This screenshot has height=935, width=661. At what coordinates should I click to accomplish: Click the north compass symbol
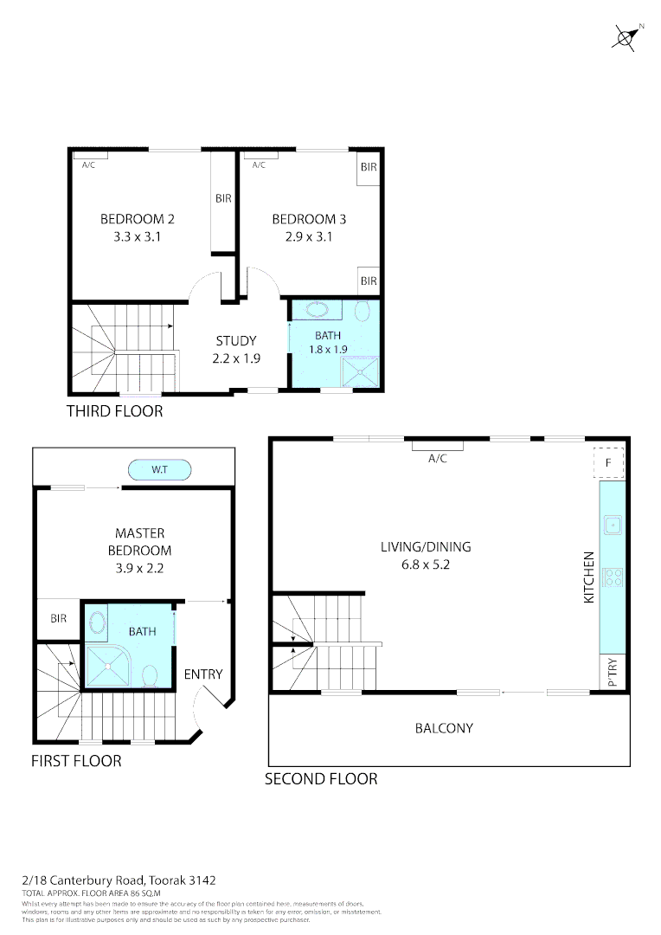[x=626, y=37]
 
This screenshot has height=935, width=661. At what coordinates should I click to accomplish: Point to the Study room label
[x=236, y=340]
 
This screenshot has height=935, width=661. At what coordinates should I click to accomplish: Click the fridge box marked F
[x=609, y=463]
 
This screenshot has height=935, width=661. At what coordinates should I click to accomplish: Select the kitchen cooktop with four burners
[x=613, y=577]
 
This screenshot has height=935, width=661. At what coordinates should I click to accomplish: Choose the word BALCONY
[x=444, y=728]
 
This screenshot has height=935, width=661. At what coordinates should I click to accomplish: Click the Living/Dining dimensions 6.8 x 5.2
[x=426, y=564]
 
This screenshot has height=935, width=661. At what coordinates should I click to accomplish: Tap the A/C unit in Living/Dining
[x=437, y=447]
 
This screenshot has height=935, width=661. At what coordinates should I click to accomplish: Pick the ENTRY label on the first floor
[x=203, y=674]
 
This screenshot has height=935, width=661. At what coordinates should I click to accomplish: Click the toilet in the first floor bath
[x=150, y=674]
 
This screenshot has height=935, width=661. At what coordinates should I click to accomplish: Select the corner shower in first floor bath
[x=107, y=666]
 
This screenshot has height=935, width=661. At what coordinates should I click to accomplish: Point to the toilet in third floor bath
[x=363, y=311]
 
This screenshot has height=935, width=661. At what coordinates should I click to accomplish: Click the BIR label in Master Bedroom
[x=59, y=619]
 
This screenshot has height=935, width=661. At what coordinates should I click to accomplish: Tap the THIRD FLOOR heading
[x=114, y=411]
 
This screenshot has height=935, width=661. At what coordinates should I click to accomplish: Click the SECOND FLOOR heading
[x=321, y=779]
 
